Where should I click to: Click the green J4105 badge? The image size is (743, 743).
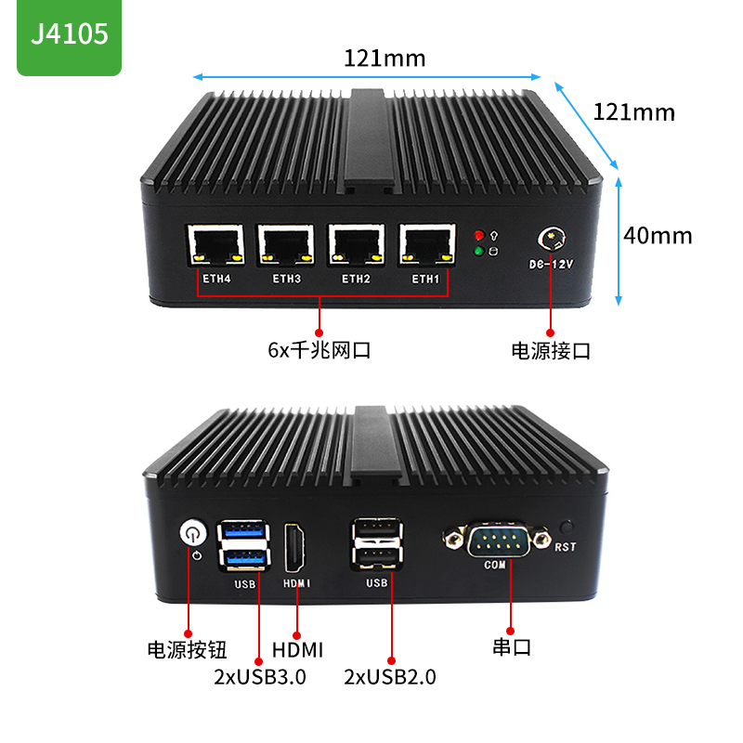pos(69,35)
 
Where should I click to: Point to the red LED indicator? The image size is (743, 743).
pos(478,234)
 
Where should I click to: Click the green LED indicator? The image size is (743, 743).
pos(478,251)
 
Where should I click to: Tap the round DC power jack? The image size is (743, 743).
pos(550,239)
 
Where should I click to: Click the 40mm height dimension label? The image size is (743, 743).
pos(658,236)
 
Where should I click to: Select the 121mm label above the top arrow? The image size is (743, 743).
pos(385,59)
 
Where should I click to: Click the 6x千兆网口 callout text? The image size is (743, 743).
pos(319,351)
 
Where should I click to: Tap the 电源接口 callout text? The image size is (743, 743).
pos(551,351)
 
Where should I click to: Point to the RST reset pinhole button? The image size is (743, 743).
pos(567,527)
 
